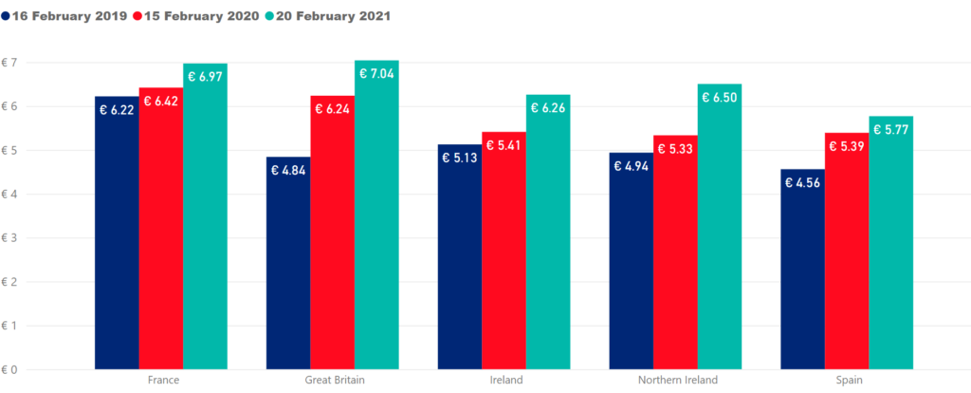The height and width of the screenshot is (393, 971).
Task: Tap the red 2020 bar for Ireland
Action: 504,251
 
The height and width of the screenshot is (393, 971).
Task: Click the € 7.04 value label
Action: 376,75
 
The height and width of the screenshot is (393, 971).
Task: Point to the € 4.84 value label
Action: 288,171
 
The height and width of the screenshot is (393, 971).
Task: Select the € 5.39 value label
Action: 846,147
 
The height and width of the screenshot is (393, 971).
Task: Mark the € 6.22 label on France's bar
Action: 117,110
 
